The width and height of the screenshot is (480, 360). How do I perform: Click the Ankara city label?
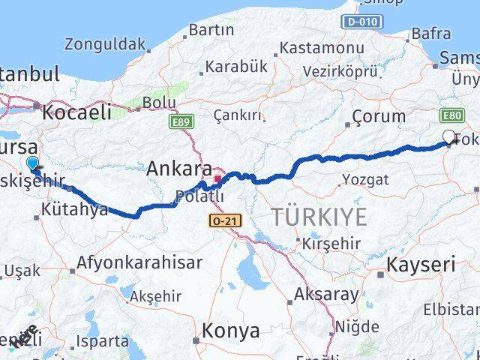(180, 169)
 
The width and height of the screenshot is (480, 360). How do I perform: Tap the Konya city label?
(232, 330)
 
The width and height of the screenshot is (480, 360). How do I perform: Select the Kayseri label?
(421, 264)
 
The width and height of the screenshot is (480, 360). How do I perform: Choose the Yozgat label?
(365, 179)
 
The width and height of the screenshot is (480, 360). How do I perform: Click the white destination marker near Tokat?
(448, 136)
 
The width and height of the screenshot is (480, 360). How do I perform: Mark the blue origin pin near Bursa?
(31, 163)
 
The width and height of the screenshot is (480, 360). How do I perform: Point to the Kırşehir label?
(331, 244)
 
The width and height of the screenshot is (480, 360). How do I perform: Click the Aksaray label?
(326, 294)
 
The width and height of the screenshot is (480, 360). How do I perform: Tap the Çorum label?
(379, 117)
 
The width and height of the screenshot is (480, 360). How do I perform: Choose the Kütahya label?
(75, 211)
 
